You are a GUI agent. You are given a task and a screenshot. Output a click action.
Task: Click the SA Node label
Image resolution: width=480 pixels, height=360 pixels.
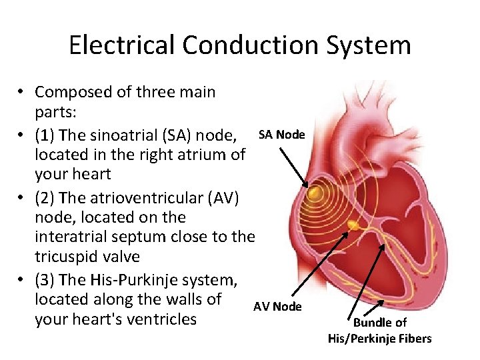click(281, 135)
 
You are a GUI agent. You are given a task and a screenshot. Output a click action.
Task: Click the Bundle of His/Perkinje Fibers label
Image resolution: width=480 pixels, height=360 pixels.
click(379, 331)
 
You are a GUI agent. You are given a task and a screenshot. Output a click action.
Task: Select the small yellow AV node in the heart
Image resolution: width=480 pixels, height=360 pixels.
click(355, 227)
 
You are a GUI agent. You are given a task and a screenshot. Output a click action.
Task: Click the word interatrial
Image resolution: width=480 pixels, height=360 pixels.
click(71, 237)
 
